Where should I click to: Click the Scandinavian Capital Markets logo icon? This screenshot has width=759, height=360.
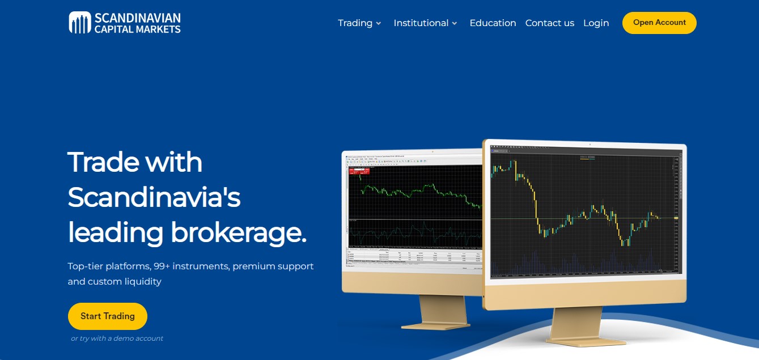coord(80,23)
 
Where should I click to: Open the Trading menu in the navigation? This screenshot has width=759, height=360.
coord(355,23)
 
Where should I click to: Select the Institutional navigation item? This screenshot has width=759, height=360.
coord(421,23)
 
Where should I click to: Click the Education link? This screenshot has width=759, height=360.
coord(493,23)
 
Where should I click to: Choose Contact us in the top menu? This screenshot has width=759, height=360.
coord(549,23)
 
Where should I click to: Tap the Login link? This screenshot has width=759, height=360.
coord(596,23)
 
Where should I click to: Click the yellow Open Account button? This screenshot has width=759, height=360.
coord(659,23)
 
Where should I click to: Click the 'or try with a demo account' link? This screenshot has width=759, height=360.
coord(117,338)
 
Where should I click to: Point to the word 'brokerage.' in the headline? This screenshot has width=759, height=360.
coord(239,232)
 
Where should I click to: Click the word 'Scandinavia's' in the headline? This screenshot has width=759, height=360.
coord(154,197)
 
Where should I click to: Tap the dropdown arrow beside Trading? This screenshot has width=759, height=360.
coord(379,24)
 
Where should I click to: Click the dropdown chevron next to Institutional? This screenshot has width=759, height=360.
coord(455,24)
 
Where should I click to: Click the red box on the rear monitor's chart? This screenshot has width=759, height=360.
coord(359,171)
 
